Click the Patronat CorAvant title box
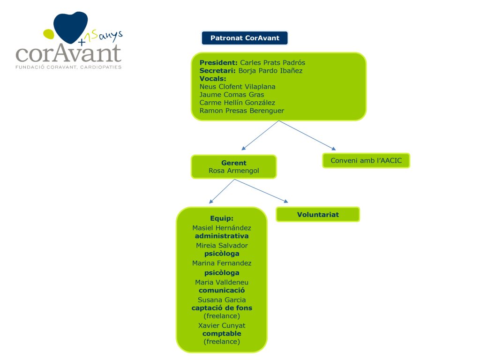point(245,38)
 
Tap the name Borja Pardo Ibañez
point(270,71)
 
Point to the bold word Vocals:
point(213,79)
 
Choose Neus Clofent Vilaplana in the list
point(237,87)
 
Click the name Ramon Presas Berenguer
point(241,111)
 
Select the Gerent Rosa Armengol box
point(234,167)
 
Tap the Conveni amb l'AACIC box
point(366,161)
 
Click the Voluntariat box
point(318,215)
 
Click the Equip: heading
point(222,218)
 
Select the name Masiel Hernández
point(222,228)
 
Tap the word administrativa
point(222,236)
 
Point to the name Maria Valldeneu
point(222,282)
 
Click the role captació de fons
point(222,308)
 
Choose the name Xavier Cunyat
point(222,325)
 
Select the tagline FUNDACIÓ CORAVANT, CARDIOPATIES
point(68,67)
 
